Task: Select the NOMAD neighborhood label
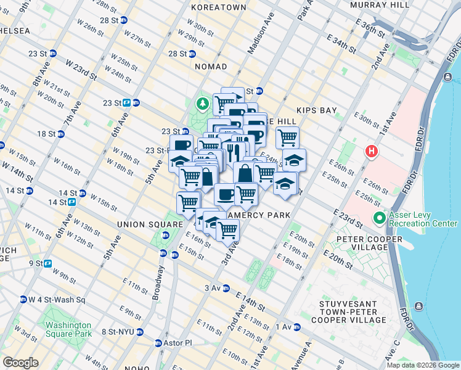tap(211, 66)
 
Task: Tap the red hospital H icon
tap(371, 150)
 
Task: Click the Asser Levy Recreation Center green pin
tap(378, 218)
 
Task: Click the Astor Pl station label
tap(178, 343)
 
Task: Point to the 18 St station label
tap(47, 134)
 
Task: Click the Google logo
tap(20, 363)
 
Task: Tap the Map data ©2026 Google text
tap(423, 365)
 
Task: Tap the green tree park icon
tap(202, 103)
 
